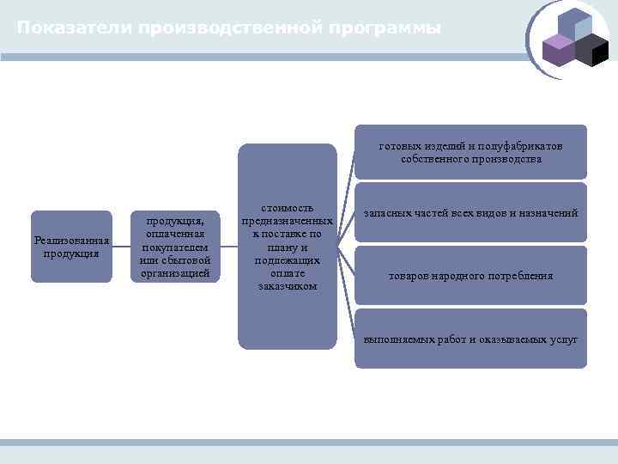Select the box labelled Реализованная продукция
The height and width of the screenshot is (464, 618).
point(71,247)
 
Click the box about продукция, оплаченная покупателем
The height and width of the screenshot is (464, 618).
point(174,247)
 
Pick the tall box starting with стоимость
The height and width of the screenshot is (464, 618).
point(288,247)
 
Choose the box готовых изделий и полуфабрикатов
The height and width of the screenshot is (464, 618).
point(470,152)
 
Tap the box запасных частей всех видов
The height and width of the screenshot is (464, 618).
point(470,212)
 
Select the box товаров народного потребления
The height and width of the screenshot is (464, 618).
point(470,276)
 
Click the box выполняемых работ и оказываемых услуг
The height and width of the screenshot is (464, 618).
point(470,339)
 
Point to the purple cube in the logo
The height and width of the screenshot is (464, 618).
point(559,51)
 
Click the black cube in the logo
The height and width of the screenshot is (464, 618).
point(591,51)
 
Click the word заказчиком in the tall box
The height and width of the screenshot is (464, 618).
point(288,285)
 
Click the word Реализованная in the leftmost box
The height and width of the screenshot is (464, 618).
point(71,241)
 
